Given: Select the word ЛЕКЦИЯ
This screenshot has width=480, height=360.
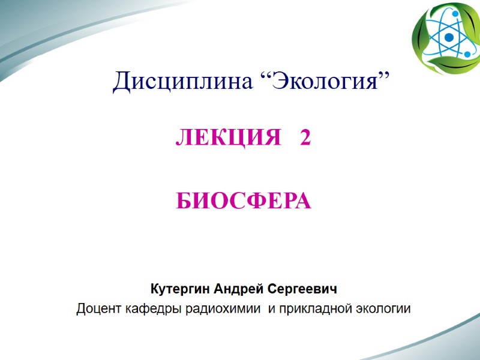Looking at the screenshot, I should pos(227,139).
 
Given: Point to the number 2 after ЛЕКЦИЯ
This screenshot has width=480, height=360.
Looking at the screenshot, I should pos(305,139).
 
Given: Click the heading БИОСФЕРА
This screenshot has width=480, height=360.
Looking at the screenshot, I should pos(244,202).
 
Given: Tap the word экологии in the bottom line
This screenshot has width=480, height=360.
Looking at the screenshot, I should pos(383,310).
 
